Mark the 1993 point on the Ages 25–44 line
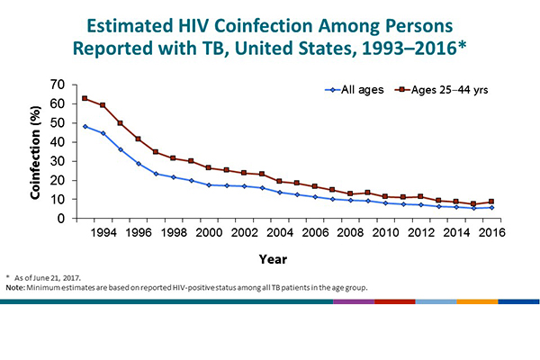pyautogui.click(x=85, y=98)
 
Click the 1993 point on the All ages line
pyautogui.click(x=85, y=126)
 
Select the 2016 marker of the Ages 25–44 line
pyautogui.click(x=490, y=202)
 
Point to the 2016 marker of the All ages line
pyautogui.click(x=490, y=207)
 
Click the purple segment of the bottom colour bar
pyautogui.click(x=353, y=301)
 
